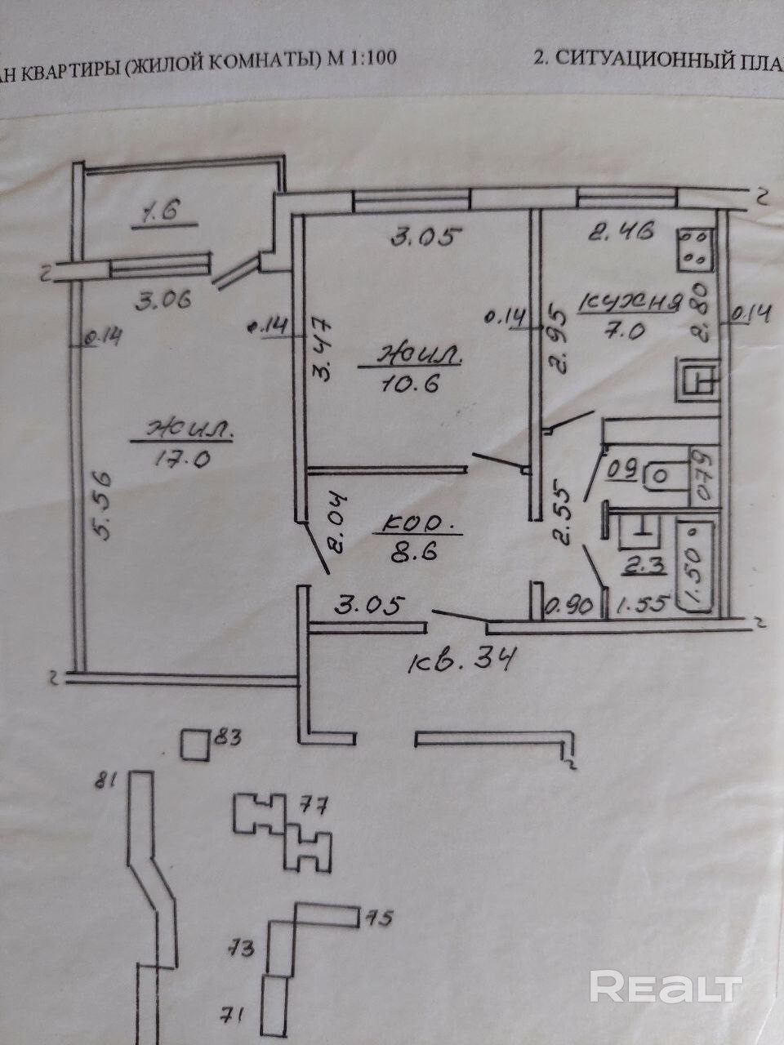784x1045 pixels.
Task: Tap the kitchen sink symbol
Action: [697, 380]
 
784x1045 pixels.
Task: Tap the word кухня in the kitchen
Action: [629, 304]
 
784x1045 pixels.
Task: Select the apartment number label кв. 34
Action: [462, 657]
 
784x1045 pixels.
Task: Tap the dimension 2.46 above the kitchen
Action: [622, 233]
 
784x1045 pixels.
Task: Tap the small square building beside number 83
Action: [195, 745]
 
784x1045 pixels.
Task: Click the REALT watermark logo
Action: [666, 987]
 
